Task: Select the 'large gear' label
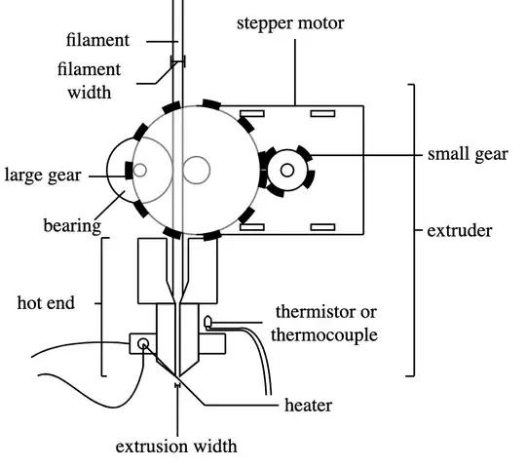[43, 175]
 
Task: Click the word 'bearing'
[73, 225]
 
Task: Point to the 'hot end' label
[45, 302]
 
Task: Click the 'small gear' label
[468, 154]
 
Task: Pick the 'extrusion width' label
[176, 448]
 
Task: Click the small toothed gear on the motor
[286, 170]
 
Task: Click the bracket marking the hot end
[102, 305]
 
